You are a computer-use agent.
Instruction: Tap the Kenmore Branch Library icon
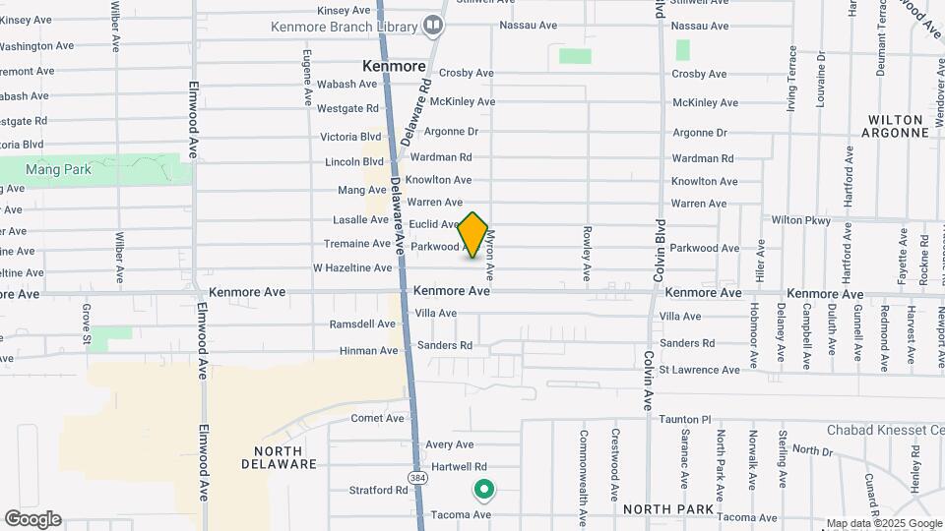point(432,25)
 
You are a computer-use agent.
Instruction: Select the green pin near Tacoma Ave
point(483,488)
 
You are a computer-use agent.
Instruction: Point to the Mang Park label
point(58,169)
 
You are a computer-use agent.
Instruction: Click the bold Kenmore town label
point(394,67)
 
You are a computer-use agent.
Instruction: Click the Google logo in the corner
point(32,518)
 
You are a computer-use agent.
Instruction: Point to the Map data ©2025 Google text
point(883,523)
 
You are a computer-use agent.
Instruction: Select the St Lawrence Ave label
point(699,370)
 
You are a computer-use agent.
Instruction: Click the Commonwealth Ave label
point(584,466)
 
